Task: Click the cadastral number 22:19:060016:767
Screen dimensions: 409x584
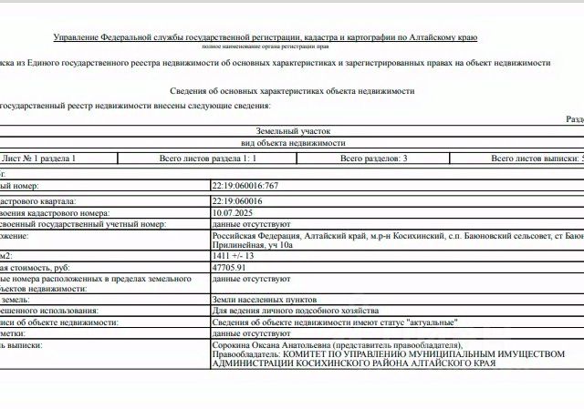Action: click(x=245, y=185)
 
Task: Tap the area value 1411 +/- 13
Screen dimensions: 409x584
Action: click(x=235, y=257)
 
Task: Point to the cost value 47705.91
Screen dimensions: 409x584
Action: click(x=229, y=269)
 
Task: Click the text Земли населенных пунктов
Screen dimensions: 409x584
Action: click(x=264, y=299)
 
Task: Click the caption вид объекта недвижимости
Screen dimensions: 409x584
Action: click(x=292, y=144)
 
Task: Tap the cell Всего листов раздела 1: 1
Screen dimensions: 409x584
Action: click(x=208, y=158)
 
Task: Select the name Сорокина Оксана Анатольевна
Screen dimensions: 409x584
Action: click(x=268, y=345)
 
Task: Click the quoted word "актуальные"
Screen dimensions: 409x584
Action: click(x=427, y=322)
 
